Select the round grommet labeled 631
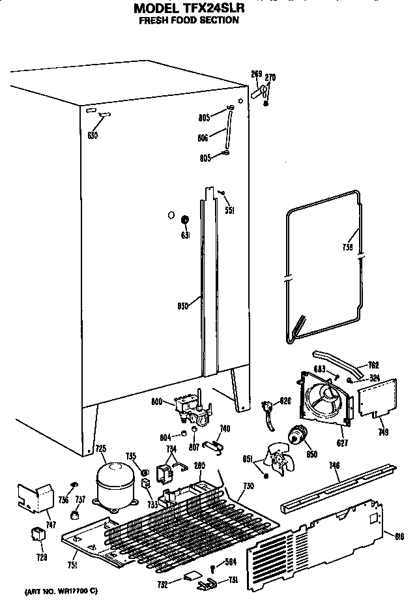click(x=185, y=220)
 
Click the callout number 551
click(x=229, y=210)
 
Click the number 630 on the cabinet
click(x=93, y=135)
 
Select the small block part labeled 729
click(x=38, y=536)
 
